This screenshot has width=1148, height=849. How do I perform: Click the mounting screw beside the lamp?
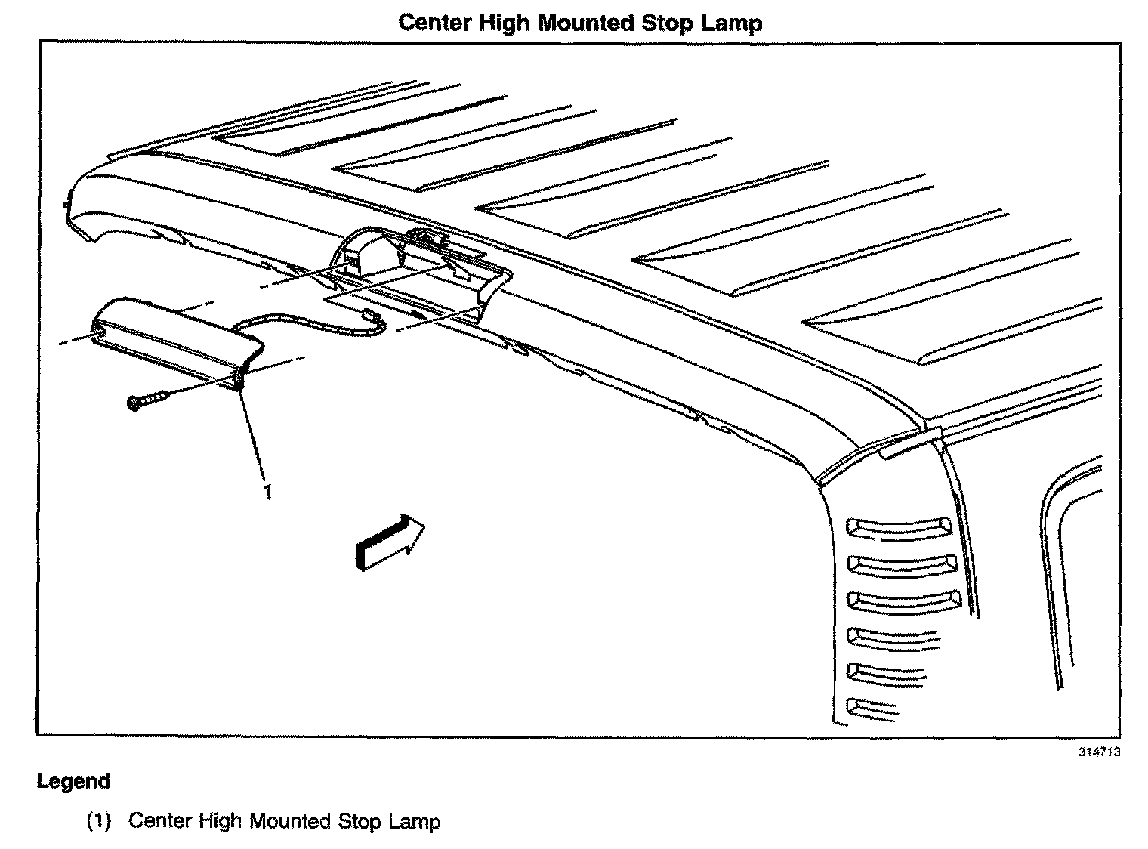tap(147, 400)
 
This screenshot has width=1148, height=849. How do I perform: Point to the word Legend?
tap(73, 781)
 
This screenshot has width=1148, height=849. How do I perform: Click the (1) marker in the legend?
tap(98, 821)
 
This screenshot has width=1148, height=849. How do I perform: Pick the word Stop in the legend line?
tap(360, 821)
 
